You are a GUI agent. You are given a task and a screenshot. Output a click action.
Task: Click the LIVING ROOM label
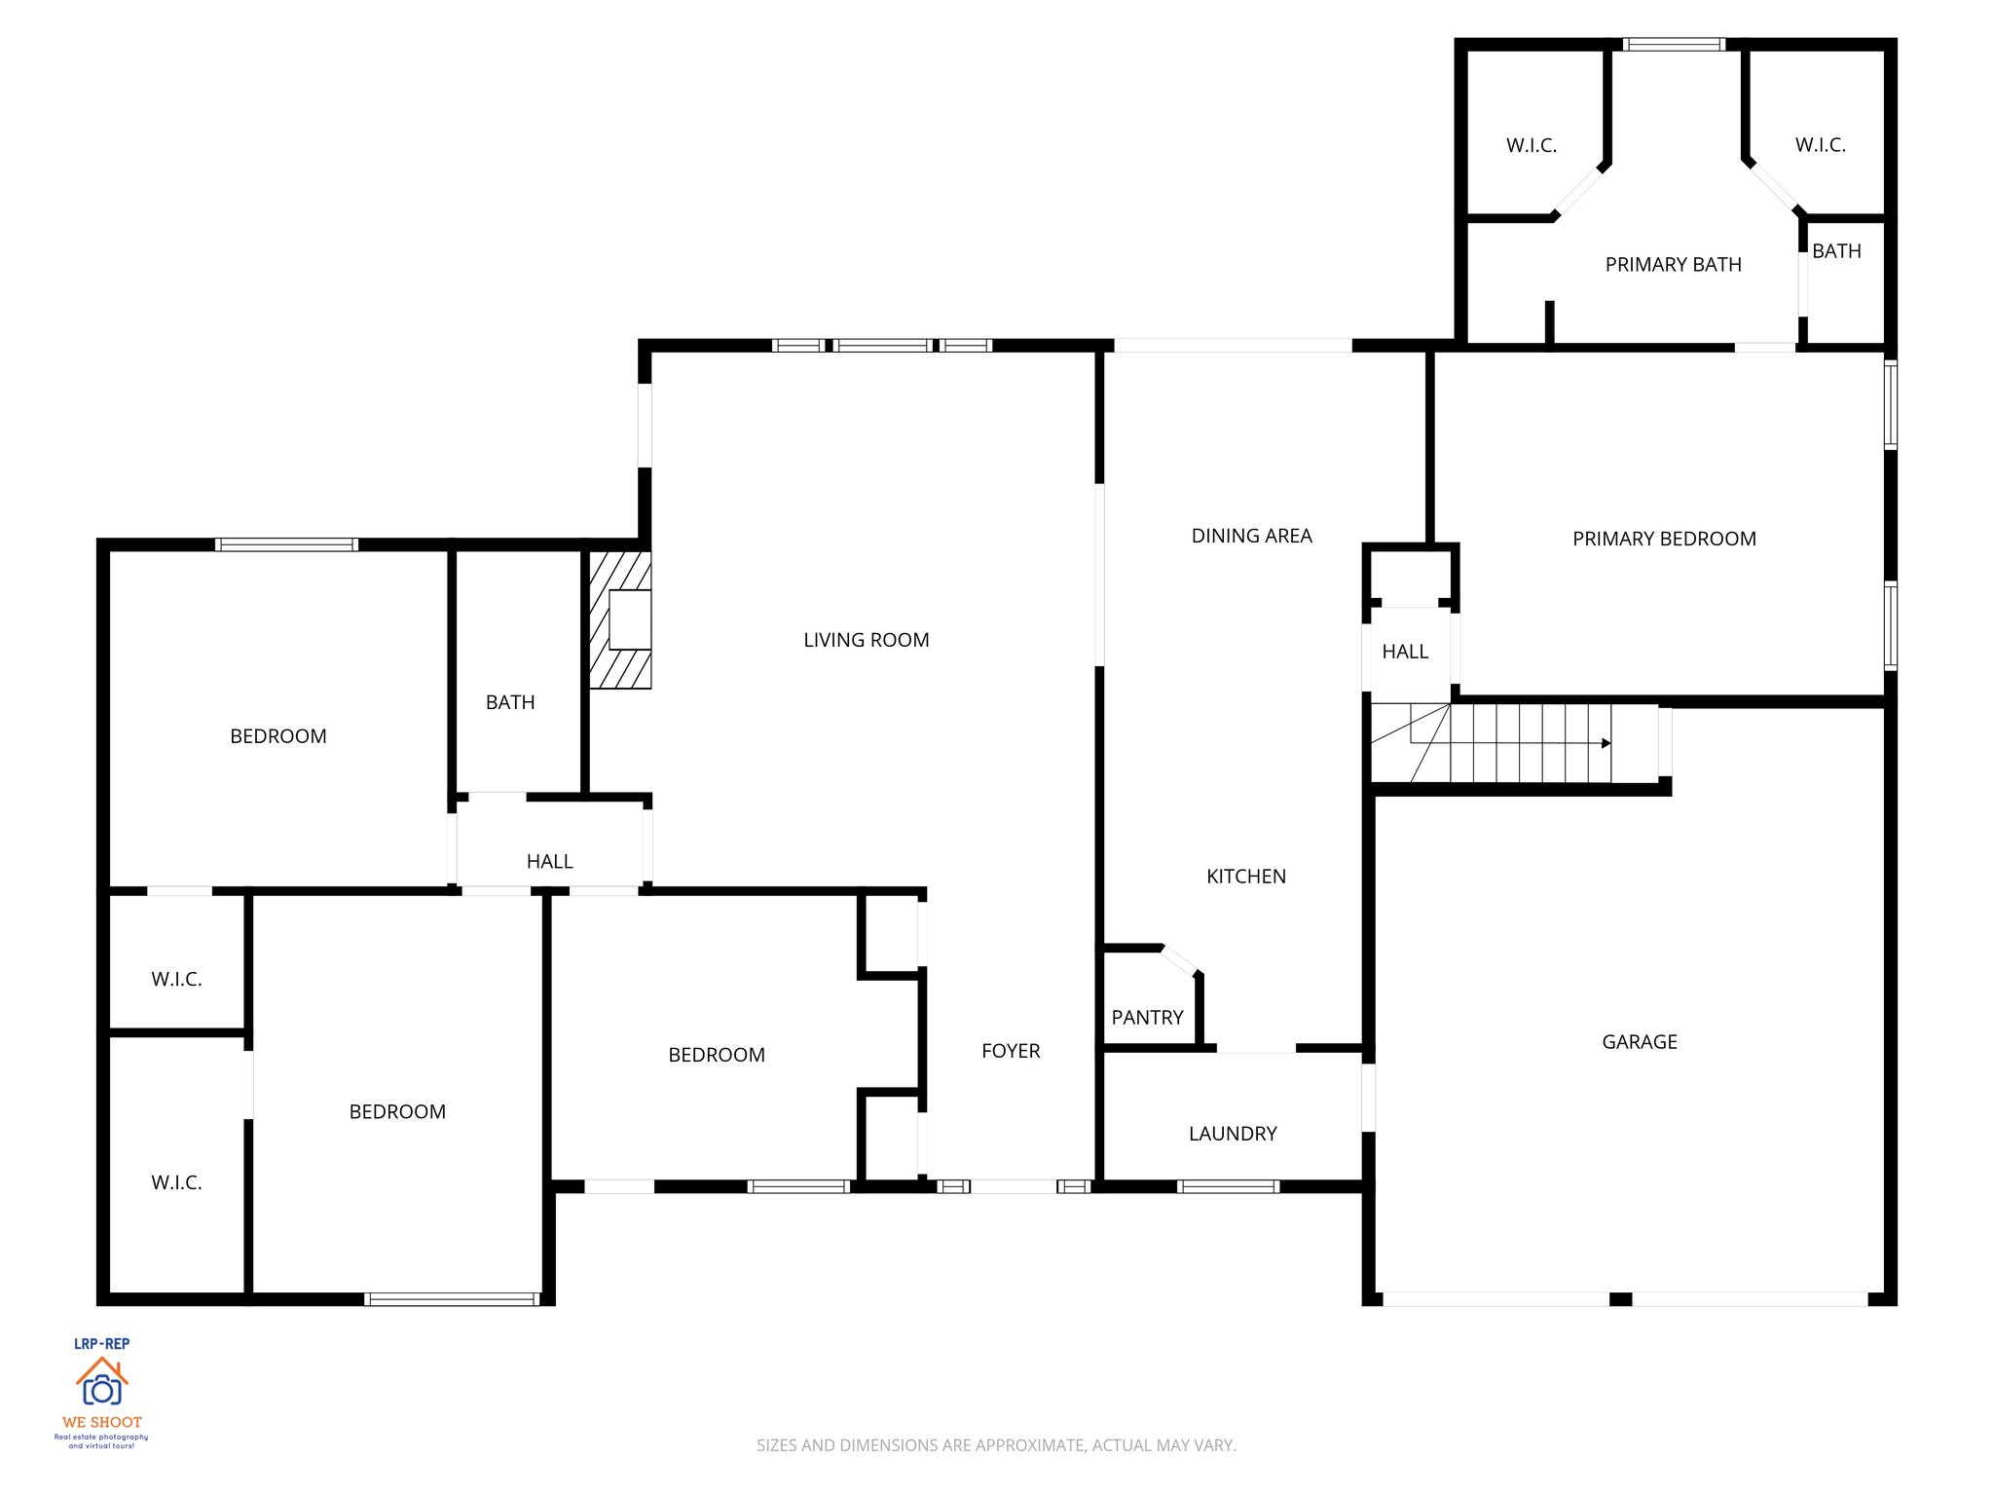click(x=866, y=640)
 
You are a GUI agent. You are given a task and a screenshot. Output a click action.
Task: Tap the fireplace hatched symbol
click(x=619, y=620)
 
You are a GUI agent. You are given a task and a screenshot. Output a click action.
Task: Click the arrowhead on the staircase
click(x=1606, y=743)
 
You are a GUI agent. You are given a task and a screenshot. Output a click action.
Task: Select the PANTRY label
click(x=1147, y=1017)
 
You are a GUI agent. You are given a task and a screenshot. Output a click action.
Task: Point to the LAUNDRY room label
click(x=1232, y=1134)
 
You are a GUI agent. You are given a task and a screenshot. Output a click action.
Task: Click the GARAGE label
click(x=1639, y=1042)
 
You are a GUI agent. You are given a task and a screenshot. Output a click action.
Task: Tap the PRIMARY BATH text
click(x=1673, y=265)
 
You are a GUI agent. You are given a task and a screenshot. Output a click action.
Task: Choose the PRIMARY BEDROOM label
click(x=1664, y=539)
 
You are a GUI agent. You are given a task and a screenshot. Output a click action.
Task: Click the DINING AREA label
click(x=1251, y=536)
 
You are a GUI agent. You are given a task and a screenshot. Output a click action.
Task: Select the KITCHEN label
click(x=1245, y=877)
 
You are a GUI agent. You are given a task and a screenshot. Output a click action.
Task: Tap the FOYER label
click(x=1010, y=1051)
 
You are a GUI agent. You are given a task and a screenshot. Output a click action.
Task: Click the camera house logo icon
click(x=102, y=1382)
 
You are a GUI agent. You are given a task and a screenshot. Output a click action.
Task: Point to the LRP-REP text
click(x=102, y=1343)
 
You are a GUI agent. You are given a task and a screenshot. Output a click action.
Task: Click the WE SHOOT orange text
click(x=102, y=1422)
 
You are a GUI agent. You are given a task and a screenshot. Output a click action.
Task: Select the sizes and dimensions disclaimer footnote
click(x=996, y=1445)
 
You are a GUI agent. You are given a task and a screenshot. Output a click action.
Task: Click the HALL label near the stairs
click(x=1405, y=652)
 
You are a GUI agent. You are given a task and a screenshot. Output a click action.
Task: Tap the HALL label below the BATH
click(x=549, y=862)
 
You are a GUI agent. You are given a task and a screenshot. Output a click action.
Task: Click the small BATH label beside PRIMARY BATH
click(x=1836, y=251)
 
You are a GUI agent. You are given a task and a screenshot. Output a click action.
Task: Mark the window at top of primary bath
click(x=1674, y=45)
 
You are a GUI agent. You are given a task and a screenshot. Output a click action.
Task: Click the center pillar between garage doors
click(x=1620, y=1299)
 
